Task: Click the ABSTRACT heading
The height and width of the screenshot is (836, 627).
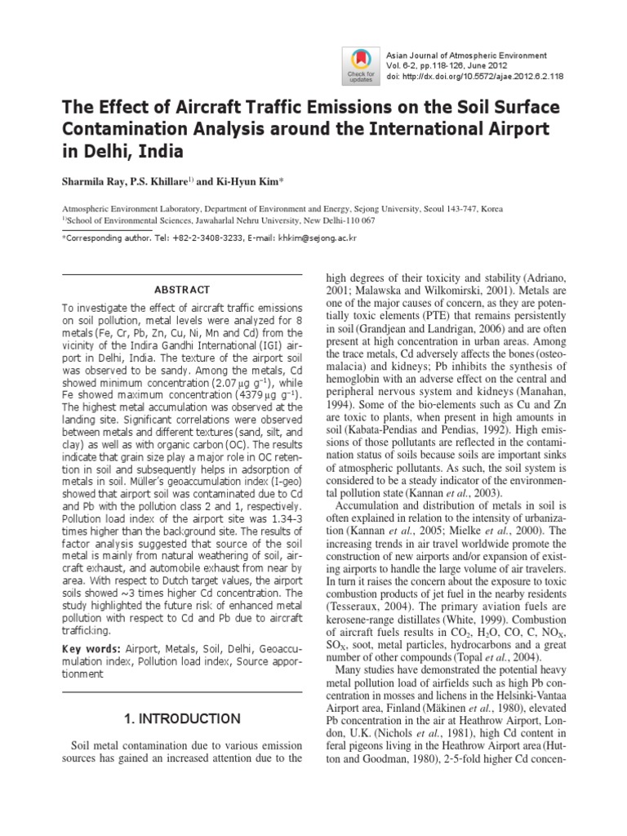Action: click(182, 290)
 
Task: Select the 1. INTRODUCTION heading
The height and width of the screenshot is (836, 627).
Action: click(181, 718)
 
